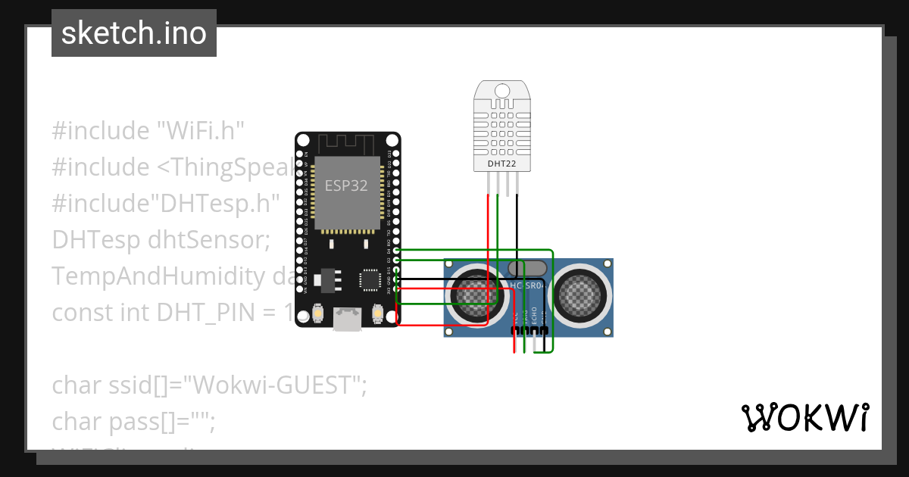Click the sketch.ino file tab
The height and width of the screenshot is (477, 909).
tap(134, 33)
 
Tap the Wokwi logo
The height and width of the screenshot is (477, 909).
tap(804, 417)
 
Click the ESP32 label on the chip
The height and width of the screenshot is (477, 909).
tap(346, 185)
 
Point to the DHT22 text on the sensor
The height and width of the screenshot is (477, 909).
tap(497, 163)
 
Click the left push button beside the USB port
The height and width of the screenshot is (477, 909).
tap(317, 313)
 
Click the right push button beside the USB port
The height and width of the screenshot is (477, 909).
tap(377, 313)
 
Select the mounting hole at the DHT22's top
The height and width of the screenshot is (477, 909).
tap(501, 91)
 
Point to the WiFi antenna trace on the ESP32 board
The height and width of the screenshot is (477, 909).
tap(346, 144)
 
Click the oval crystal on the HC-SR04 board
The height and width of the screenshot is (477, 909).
tap(527, 268)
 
